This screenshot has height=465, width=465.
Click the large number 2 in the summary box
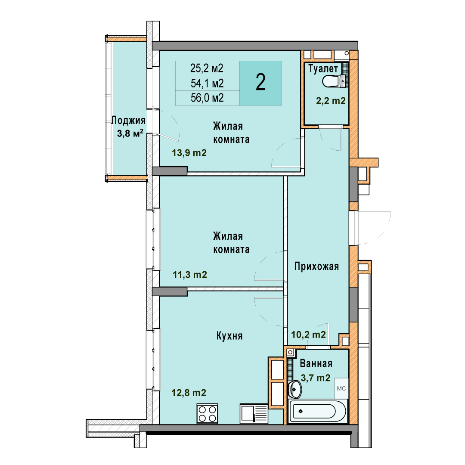(260, 82)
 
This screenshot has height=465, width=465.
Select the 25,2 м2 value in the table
(207, 68)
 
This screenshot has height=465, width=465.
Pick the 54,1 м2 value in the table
(207, 84)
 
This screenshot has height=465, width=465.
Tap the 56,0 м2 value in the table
(207, 98)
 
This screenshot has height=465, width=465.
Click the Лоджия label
(128, 121)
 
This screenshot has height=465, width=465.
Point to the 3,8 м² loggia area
(130, 133)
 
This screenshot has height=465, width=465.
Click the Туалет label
(323, 68)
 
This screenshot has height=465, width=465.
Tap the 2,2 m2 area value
(331, 101)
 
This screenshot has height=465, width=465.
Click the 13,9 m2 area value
(189, 153)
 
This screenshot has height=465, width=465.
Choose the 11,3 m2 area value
(190, 275)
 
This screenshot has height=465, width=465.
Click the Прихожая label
(316, 267)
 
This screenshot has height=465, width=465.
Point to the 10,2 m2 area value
(308, 335)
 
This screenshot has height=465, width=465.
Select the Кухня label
(229, 336)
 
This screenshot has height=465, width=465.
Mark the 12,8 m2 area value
(189, 393)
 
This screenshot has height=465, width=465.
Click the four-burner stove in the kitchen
(207, 414)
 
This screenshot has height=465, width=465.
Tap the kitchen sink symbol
(254, 414)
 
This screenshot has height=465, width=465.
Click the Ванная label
(316, 363)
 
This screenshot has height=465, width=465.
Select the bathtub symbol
(318, 411)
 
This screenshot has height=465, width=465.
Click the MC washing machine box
(341, 388)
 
